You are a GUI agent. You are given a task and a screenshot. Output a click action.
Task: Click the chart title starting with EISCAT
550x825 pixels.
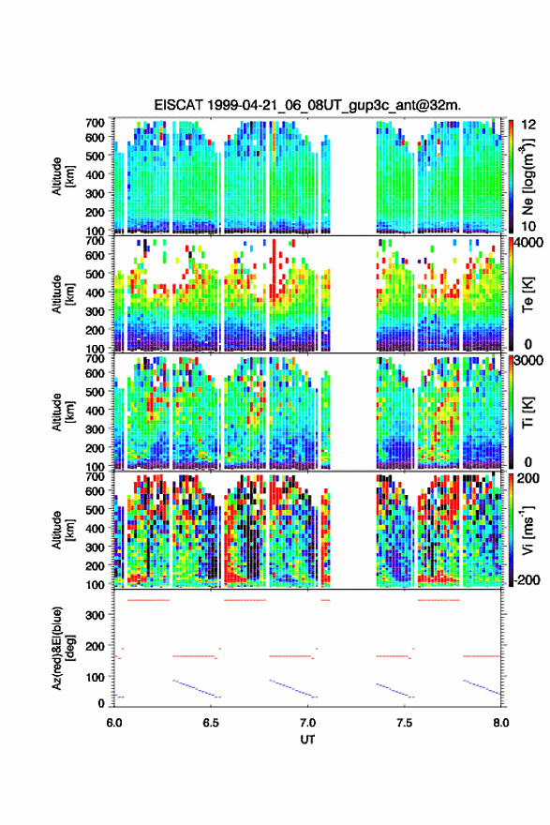[x=307, y=105]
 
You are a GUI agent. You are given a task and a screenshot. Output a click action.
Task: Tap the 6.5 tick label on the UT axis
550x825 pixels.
[x=211, y=723]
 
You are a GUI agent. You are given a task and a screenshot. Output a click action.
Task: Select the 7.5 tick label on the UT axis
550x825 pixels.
[x=405, y=723]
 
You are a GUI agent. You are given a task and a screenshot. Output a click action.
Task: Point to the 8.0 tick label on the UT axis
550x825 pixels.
[x=501, y=723]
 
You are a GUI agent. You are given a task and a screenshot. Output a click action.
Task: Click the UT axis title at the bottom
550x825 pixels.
[x=307, y=740]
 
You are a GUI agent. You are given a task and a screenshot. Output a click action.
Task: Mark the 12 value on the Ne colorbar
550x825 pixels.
[x=529, y=125]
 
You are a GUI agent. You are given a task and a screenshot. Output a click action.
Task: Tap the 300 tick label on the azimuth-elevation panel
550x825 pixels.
[x=96, y=615]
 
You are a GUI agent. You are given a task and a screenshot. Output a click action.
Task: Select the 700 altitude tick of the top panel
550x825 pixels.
[x=96, y=123]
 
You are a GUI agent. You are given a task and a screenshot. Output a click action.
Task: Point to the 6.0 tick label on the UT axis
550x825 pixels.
[x=114, y=723]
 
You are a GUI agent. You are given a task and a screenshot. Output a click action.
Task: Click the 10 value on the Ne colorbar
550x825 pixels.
[x=529, y=227]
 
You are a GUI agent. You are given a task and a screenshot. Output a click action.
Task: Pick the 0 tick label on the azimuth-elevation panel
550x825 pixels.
[x=101, y=703]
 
